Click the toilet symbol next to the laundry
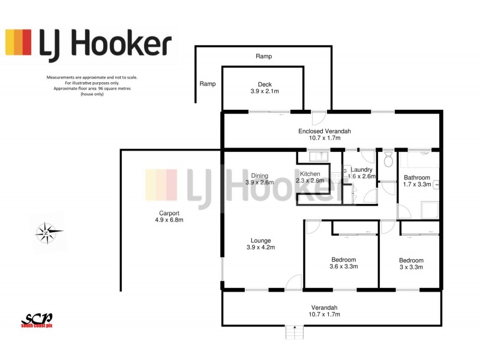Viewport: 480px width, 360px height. pyautogui.click(x=388, y=160)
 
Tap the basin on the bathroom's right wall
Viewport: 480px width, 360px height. pyautogui.click(x=436, y=185)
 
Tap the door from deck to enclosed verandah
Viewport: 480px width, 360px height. pyautogui.click(x=319, y=118)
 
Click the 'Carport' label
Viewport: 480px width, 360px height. pyautogui.click(x=169, y=213)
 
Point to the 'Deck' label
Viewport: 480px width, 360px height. pyautogui.click(x=265, y=84)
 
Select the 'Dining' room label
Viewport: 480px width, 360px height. pyautogui.click(x=259, y=175)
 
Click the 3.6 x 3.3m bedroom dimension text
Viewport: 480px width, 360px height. pyautogui.click(x=344, y=267)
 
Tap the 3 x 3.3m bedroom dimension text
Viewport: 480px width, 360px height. pyautogui.click(x=411, y=268)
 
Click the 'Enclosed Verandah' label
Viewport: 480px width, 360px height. pyautogui.click(x=324, y=131)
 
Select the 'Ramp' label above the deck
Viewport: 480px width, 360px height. pyautogui.click(x=263, y=56)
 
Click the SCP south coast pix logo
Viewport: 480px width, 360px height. pyautogui.click(x=37, y=320)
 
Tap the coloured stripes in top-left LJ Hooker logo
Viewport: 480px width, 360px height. pyautogui.click(x=19, y=43)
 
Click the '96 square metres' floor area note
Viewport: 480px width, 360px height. pyautogui.click(x=92, y=89)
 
